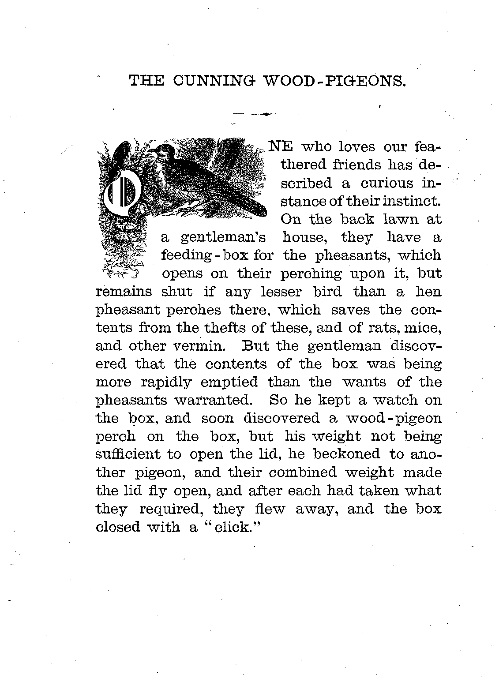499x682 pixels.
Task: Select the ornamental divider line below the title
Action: (x=266, y=114)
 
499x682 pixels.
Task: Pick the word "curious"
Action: (x=379, y=183)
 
